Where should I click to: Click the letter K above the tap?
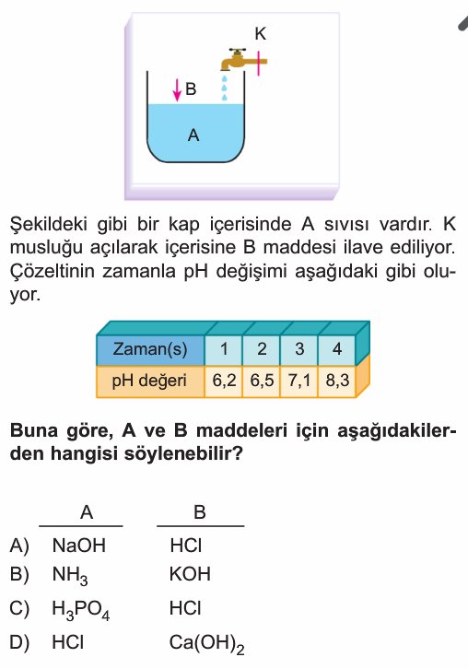click(x=260, y=34)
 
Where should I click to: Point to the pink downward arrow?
click(x=177, y=91)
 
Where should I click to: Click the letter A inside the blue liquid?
click(x=193, y=135)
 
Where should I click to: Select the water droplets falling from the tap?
click(x=224, y=88)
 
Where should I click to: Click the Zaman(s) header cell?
click(x=150, y=349)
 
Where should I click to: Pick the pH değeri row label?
click(x=150, y=381)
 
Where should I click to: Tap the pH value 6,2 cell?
click(x=224, y=381)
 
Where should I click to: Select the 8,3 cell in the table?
click(x=337, y=381)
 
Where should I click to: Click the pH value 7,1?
click(x=299, y=381)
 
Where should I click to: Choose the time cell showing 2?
click(x=262, y=349)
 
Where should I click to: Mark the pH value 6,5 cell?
click(x=262, y=381)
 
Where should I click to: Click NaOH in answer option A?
click(x=79, y=546)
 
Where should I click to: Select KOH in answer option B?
click(x=190, y=574)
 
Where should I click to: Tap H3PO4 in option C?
click(x=81, y=610)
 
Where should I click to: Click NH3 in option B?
click(x=70, y=576)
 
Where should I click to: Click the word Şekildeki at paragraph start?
click(x=49, y=225)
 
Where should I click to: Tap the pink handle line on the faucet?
click(x=258, y=64)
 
